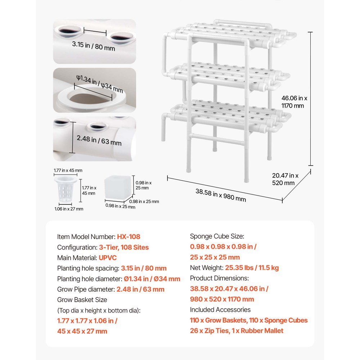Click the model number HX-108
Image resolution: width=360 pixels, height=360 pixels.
129,237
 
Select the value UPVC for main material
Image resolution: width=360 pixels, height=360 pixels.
107,258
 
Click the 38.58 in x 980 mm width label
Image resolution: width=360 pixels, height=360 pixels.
221,195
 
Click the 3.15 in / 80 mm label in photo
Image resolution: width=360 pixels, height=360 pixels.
93,46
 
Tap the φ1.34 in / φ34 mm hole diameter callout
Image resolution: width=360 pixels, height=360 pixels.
99,84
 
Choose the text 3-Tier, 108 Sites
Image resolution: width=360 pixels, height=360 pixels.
123,247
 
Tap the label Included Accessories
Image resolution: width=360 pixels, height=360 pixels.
220,310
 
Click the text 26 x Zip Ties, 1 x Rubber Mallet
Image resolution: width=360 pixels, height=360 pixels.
237,330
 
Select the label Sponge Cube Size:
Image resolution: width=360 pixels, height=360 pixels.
217,236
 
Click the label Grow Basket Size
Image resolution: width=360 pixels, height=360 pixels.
82,300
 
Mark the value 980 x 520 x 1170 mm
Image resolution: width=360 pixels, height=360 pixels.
222,299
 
